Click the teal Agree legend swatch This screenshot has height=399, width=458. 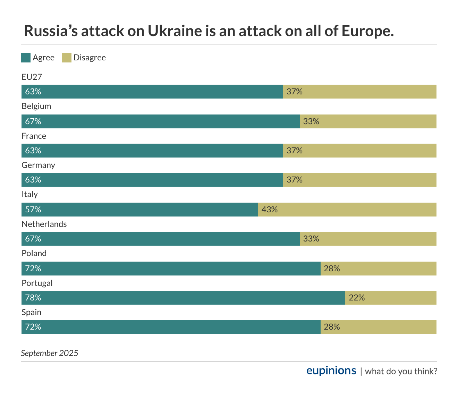(x=26, y=58)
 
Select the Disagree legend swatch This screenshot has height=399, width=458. (x=67, y=58)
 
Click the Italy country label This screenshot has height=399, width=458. (x=29, y=194)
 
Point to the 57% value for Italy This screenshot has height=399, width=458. (x=33, y=210)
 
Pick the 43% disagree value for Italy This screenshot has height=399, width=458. (x=270, y=210)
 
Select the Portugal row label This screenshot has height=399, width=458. (x=37, y=283)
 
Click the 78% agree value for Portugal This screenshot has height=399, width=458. (x=33, y=298)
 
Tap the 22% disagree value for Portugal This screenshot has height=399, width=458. (x=357, y=298)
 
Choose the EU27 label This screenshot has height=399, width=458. (x=32, y=77)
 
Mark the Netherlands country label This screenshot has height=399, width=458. (x=44, y=224)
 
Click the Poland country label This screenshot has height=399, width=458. (x=34, y=253)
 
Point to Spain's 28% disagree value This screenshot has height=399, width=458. (x=332, y=327)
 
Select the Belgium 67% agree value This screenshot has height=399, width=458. (x=33, y=121)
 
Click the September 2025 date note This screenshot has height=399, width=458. (x=50, y=353)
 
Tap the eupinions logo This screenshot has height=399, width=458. (x=331, y=371)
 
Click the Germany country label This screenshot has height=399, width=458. (x=38, y=165)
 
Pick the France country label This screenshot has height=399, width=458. (x=34, y=136)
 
